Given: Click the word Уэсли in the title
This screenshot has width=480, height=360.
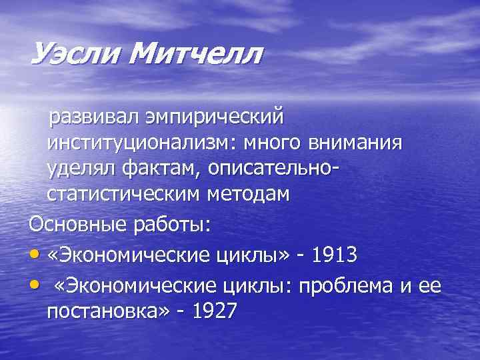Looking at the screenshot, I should point(74,53).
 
